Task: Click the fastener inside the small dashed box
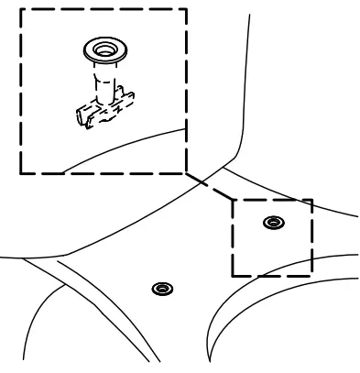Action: click(272, 222)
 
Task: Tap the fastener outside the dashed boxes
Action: click(162, 289)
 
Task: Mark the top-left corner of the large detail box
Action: click(20, 10)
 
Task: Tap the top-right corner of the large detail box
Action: click(187, 10)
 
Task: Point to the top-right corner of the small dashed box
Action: click(311, 200)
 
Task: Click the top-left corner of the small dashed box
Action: click(231, 200)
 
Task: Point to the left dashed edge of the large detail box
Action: click(20, 92)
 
